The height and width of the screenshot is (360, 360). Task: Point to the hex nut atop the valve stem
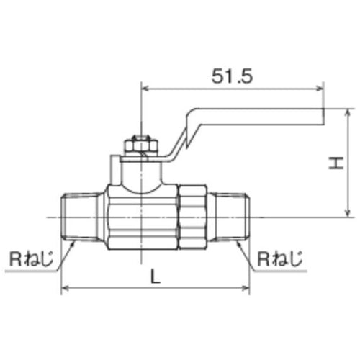coord(138,145)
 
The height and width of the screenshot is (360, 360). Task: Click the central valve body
coord(141,217)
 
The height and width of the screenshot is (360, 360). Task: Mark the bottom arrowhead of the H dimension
coord(348,213)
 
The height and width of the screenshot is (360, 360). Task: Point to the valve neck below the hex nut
coord(140,173)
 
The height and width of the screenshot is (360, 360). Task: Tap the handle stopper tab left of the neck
coord(114,169)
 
